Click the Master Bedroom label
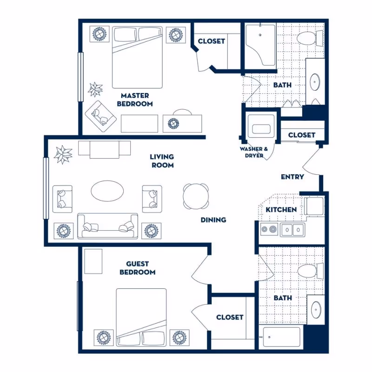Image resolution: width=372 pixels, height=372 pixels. [x=134, y=100]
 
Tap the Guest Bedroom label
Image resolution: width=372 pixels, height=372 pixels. [x=137, y=268]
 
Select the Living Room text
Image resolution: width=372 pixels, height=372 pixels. [x=162, y=161]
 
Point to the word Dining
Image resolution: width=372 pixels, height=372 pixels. [x=213, y=219]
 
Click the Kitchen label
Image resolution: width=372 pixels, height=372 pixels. [x=281, y=210]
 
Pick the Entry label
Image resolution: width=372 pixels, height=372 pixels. [x=292, y=177]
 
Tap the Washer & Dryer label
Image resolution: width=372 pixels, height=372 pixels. [x=254, y=152]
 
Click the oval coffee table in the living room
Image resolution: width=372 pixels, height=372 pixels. [x=107, y=191]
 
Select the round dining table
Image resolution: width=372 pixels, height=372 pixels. [x=195, y=196]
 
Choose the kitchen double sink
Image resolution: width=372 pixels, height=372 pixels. [x=292, y=229]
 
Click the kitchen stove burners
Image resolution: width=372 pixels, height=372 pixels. [x=268, y=229]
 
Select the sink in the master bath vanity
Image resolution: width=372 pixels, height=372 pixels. [x=315, y=82]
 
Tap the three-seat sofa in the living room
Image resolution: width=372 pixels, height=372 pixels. [x=108, y=226]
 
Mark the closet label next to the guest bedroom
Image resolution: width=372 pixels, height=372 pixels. [x=230, y=317]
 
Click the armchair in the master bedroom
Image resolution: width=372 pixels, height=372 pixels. [x=100, y=113]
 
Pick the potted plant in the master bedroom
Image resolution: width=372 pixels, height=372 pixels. [x=95, y=88]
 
